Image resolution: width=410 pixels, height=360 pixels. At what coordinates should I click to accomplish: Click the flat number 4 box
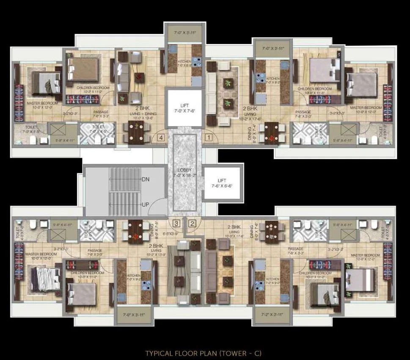(161, 137)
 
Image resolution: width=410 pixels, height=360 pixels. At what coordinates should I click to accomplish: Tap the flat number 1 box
(208, 137)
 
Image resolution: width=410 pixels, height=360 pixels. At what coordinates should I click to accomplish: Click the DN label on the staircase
(146, 179)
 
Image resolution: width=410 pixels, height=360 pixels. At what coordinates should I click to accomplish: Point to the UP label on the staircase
(145, 205)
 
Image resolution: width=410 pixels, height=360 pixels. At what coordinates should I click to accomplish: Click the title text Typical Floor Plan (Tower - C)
(204, 353)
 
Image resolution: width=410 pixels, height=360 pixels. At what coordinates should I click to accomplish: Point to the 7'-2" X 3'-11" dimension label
(269, 315)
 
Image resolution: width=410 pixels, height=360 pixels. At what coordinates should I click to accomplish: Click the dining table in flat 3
(135, 231)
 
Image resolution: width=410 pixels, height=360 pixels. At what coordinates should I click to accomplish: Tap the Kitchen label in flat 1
(272, 79)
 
